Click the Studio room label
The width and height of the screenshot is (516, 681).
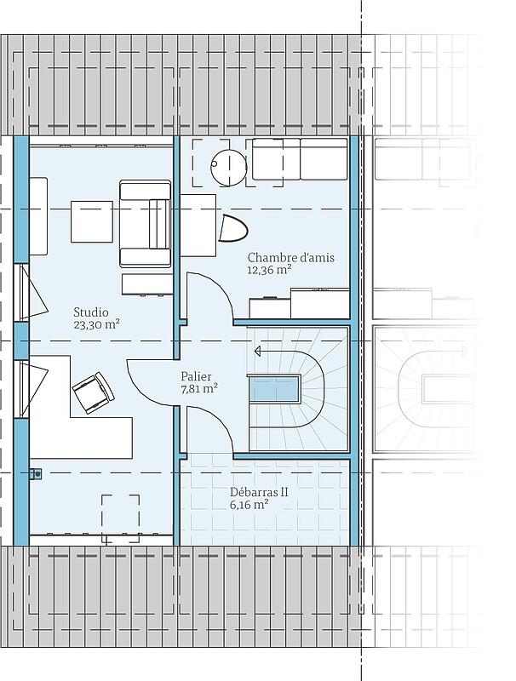91,312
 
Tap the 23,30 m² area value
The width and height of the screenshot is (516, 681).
96,325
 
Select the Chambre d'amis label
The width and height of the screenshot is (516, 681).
291,258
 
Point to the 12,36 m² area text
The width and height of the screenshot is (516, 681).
269,270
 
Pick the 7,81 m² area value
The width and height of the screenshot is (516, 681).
199,388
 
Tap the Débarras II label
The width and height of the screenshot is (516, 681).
259,493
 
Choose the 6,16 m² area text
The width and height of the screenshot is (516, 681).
249,505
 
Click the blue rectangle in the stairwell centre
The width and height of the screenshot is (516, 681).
274,390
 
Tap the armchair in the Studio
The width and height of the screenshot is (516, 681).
145,224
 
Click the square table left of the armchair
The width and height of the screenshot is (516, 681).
92,221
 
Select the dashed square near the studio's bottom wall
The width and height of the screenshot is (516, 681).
121,518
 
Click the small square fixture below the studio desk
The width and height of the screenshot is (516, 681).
36,474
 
